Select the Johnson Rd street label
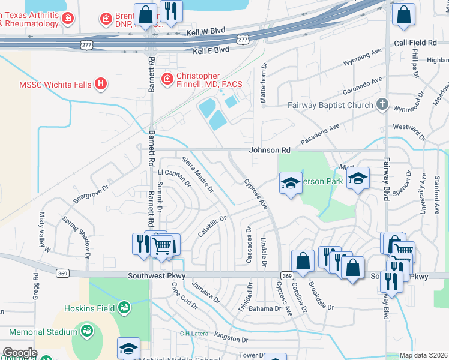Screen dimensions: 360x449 tap(270, 149)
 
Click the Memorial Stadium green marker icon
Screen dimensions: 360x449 tap(87, 331)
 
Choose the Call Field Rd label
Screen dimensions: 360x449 tap(415, 43)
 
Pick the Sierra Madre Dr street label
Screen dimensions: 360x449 tap(197, 175)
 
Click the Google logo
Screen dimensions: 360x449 tap(20, 353)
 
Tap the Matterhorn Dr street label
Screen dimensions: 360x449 tap(263, 83)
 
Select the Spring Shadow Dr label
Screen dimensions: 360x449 tap(78, 232)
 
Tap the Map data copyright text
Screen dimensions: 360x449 tap(423, 355)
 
